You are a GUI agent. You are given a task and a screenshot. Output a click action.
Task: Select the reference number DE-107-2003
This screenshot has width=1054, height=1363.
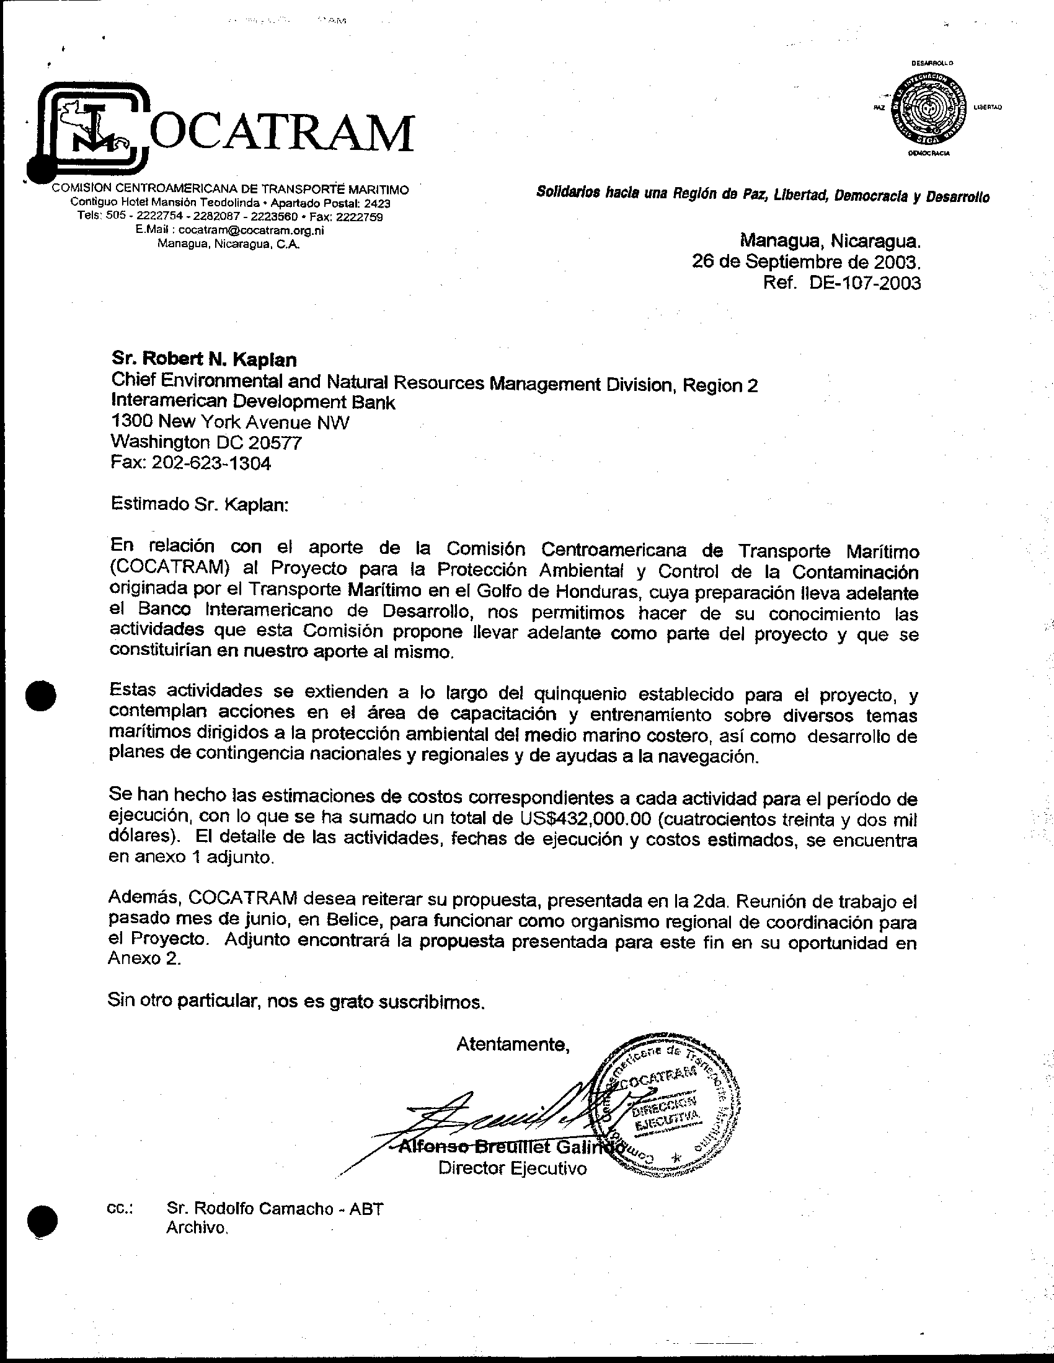865,283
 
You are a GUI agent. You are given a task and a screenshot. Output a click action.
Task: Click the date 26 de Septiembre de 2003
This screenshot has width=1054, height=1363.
805,261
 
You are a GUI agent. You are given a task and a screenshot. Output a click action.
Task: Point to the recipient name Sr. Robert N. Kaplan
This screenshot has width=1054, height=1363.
203,359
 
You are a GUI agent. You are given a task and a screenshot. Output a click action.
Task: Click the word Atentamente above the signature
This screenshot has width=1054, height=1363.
513,1044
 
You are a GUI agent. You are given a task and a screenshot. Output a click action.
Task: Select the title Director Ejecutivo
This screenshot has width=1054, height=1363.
512,1168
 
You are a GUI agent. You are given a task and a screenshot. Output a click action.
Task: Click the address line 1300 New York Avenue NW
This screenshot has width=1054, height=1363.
230,423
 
